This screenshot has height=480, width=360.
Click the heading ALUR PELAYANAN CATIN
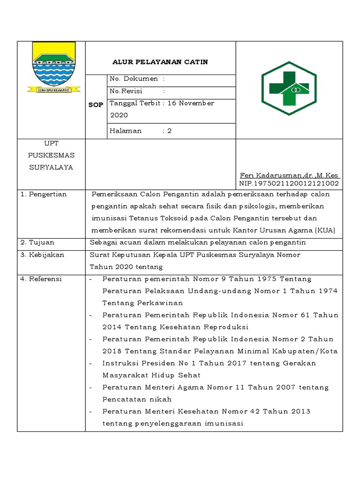tap(160, 62)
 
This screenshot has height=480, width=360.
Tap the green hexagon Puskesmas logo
tap(289, 88)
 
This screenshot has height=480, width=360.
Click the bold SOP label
tap(96, 105)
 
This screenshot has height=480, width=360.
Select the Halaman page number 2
tap(170, 131)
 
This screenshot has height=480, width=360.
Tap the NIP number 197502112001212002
tap(289, 183)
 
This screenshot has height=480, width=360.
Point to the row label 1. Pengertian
tap(43, 194)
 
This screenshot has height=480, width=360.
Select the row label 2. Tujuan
tap(37, 242)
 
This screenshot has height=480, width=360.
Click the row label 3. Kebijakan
tap(42, 255)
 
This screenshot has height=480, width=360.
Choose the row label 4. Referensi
tap(41, 279)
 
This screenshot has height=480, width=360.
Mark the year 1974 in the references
tap(328, 291)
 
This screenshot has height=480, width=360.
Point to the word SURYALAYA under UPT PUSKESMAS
tap(51, 167)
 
